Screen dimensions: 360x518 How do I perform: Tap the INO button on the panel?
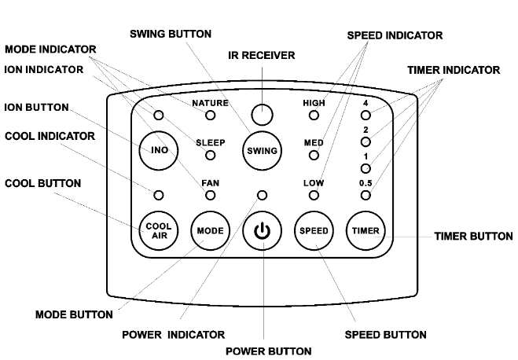pyautogui.click(x=158, y=151)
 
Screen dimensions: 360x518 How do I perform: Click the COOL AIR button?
pyautogui.click(x=158, y=230)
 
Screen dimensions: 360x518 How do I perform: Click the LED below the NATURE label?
pyautogui.click(x=210, y=116)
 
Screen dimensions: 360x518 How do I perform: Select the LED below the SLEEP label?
pyautogui.click(x=210, y=155)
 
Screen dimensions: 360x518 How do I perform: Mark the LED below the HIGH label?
pyautogui.click(x=314, y=116)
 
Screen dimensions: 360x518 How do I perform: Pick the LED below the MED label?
pyautogui.click(x=314, y=155)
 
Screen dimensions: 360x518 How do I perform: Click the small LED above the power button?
pyautogui.click(x=262, y=194)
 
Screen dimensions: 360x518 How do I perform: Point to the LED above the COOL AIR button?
pyautogui.click(x=158, y=194)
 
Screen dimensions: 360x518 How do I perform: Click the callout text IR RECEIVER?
pyautogui.click(x=262, y=55)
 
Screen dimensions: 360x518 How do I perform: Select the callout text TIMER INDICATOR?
pyautogui.click(x=453, y=70)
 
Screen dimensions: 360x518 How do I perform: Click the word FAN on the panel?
pyautogui.click(x=210, y=182)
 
